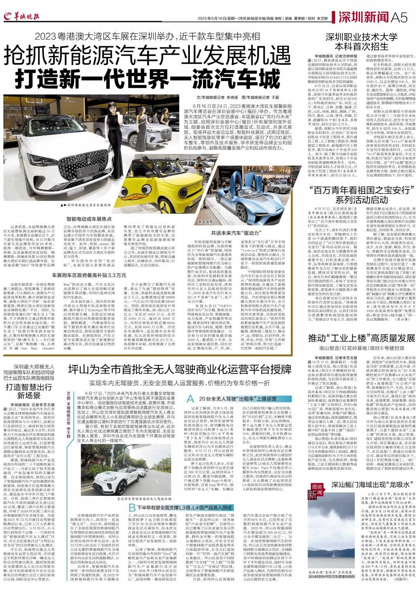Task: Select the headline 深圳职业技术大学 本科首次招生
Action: coord(361,41)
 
